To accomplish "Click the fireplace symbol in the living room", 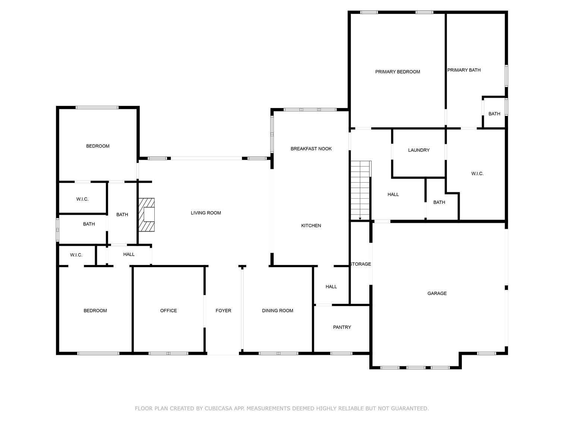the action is (x=146, y=215).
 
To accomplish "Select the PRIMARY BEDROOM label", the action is (x=397, y=72).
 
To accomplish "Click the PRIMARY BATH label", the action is (x=464, y=70).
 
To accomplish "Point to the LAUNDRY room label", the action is (x=419, y=150).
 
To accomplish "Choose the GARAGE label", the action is (x=437, y=293).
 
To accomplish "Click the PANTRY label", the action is (x=342, y=327).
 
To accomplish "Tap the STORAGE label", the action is (x=360, y=264).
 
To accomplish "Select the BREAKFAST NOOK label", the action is (x=311, y=149).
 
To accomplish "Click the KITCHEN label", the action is (x=311, y=225).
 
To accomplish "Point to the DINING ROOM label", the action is (x=277, y=310).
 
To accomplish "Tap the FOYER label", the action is (x=223, y=310).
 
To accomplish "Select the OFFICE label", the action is (x=168, y=310).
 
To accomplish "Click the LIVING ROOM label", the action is (x=205, y=213).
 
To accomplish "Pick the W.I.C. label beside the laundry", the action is (x=477, y=174).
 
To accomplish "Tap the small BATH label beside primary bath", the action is (x=494, y=114).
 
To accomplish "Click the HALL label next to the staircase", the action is (x=393, y=195).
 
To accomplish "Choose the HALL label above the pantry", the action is (x=331, y=287).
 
